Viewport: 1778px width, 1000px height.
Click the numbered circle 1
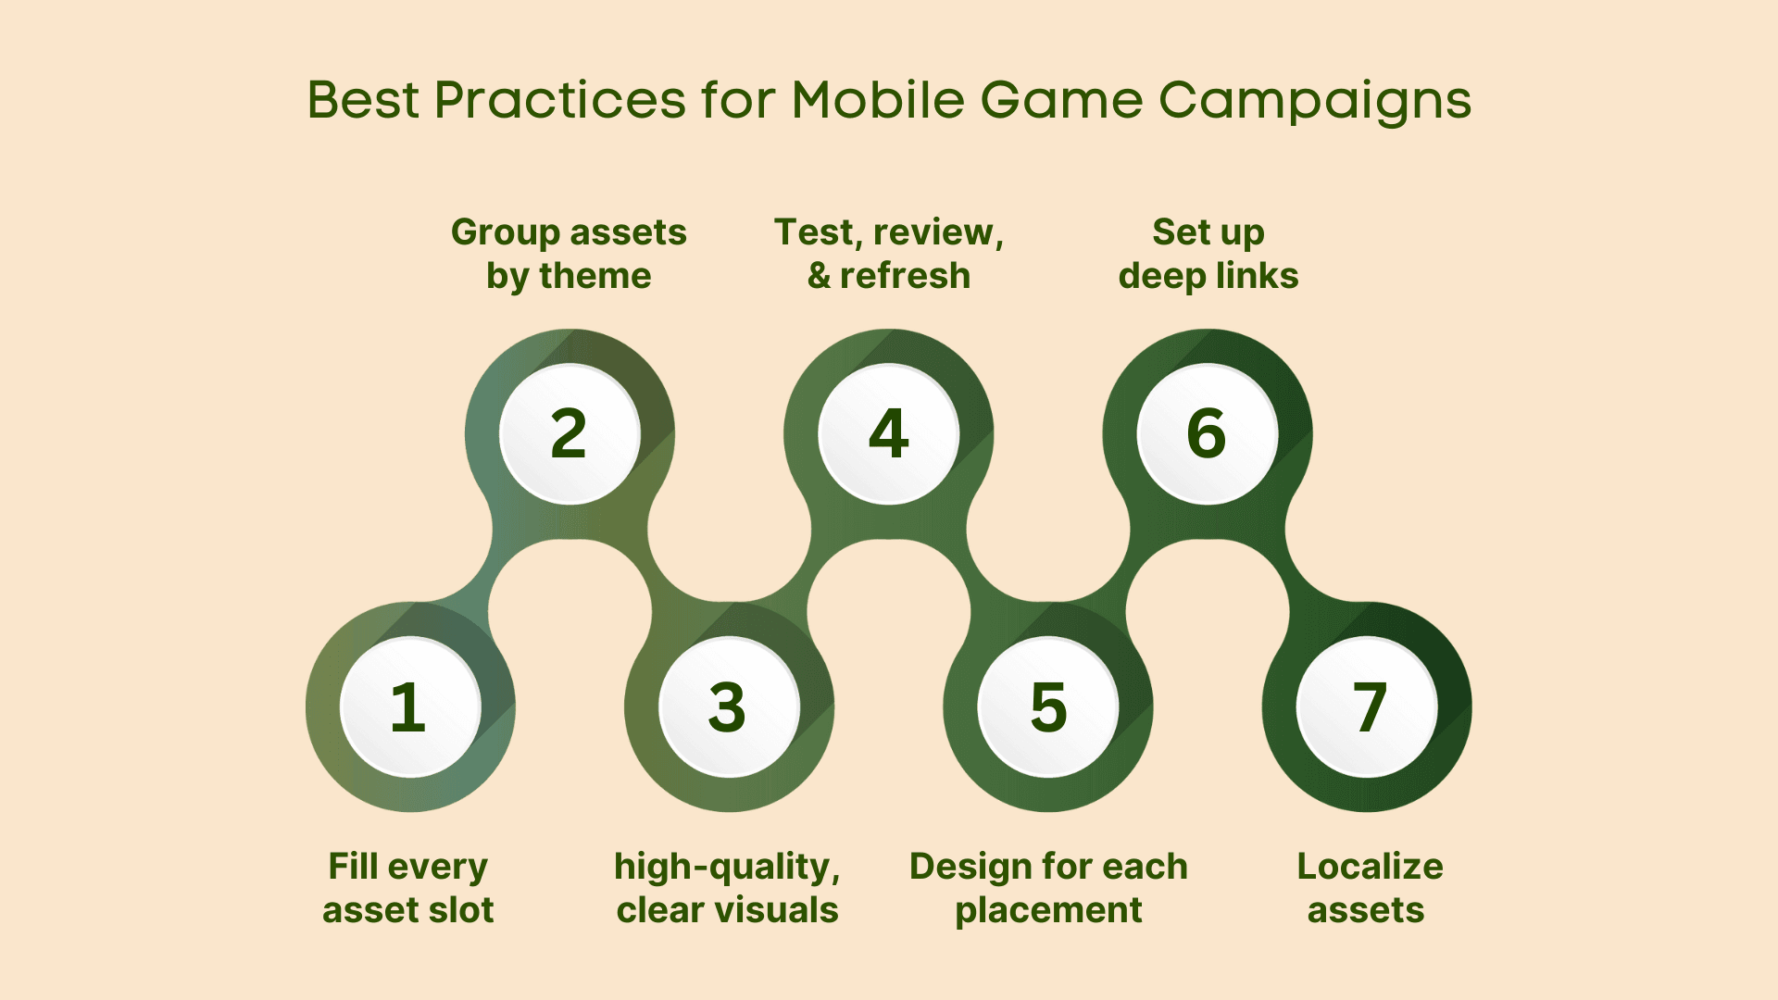(x=410, y=707)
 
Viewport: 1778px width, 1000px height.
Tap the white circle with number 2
(x=570, y=433)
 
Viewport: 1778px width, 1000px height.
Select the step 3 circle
(x=729, y=707)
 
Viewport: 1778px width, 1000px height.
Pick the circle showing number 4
(x=888, y=433)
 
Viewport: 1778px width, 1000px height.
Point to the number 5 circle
(x=1048, y=707)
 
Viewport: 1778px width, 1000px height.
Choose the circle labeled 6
(x=1208, y=433)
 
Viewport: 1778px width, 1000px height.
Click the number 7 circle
(x=1367, y=707)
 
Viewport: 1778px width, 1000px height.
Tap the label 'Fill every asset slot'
(x=408, y=888)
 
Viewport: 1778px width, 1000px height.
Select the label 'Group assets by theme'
(x=569, y=254)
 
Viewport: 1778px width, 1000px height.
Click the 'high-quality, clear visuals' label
(x=728, y=888)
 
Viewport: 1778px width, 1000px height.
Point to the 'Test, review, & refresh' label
(x=889, y=254)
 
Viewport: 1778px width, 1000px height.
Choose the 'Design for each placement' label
(x=1048, y=888)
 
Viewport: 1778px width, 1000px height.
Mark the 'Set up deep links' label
(x=1208, y=254)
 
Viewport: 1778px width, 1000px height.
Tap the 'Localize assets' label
(x=1369, y=888)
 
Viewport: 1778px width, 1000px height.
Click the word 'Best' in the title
(x=362, y=99)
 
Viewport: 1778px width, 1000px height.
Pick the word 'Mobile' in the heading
(x=878, y=99)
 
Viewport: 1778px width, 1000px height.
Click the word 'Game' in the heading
(x=1061, y=99)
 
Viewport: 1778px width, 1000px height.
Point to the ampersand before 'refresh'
(x=819, y=276)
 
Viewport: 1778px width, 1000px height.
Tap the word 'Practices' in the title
(x=560, y=99)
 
